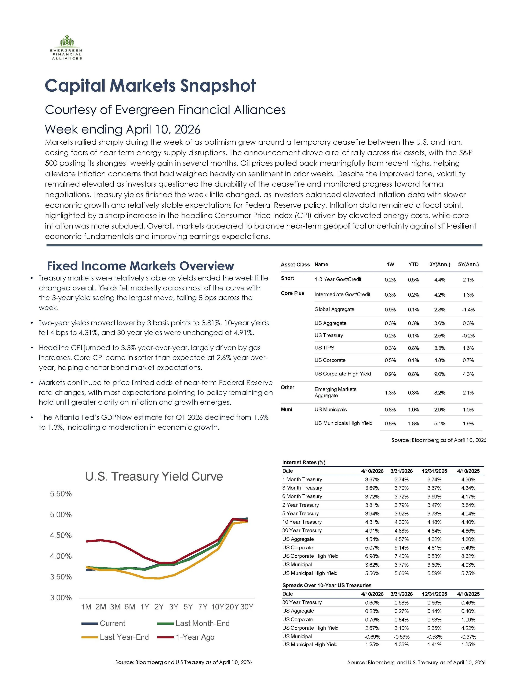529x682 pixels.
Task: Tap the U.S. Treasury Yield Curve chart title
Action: (154, 477)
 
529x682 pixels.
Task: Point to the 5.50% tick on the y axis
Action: (61, 494)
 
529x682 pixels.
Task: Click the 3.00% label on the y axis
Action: (61, 598)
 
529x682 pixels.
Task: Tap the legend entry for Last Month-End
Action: (193, 623)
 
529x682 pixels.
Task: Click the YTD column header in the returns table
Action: (413, 264)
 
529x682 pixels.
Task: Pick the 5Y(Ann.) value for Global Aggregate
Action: (468, 310)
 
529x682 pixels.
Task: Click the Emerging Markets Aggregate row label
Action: (335, 392)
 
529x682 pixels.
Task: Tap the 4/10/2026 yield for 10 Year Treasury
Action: (372, 522)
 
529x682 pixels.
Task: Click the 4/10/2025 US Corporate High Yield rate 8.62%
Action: (468, 556)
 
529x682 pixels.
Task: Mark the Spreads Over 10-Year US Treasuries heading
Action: (327, 585)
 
